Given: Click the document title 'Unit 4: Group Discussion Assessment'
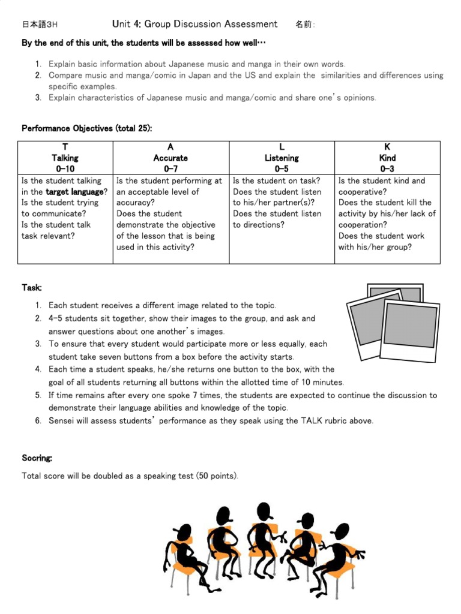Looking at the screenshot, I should tap(194, 24).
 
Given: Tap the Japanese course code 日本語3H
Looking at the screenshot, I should tap(40, 25).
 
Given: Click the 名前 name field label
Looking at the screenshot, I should tap(304, 25).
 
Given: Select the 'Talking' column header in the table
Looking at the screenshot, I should tap(65, 158).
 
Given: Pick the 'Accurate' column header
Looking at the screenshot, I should tap(170, 158).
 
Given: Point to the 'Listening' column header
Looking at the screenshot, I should tap(282, 158).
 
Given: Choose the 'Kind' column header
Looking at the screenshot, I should tap(387, 158).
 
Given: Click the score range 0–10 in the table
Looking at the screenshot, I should tap(65, 169).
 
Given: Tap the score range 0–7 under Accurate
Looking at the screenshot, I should tap(170, 169).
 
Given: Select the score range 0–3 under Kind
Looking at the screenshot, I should tap(387, 169).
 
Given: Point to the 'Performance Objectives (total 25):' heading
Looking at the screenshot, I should tap(86, 128).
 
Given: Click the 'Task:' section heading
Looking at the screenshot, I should tap(32, 288).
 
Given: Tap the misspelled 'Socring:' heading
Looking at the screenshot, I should tap(37, 458).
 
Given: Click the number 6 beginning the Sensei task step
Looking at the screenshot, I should tap(38, 421).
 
